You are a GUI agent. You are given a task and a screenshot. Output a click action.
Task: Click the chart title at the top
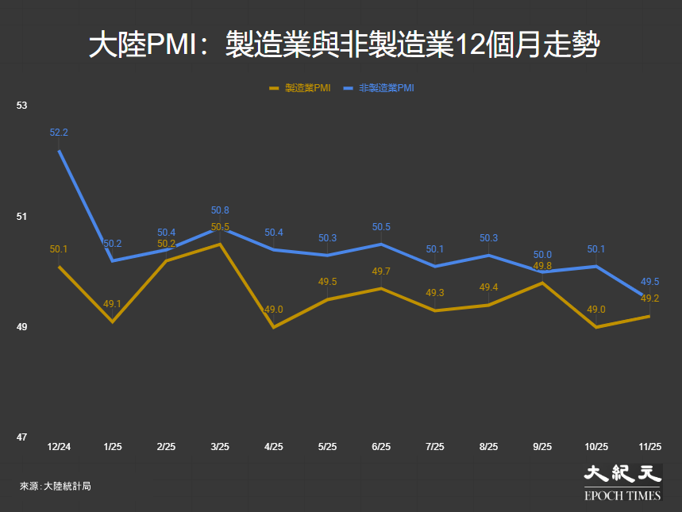[x=341, y=44]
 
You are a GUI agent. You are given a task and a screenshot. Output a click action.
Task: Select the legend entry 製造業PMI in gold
[x=301, y=88]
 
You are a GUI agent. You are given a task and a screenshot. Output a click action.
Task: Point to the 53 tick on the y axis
[x=21, y=106]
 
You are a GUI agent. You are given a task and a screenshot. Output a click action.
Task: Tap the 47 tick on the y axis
[x=21, y=437]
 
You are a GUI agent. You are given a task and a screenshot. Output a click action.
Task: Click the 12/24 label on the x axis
[x=59, y=448]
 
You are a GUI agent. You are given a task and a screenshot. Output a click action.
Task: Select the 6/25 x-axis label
[x=381, y=448]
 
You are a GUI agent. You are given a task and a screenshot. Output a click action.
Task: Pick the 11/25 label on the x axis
[x=649, y=448]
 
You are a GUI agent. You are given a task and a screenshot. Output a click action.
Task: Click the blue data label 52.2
[x=59, y=133]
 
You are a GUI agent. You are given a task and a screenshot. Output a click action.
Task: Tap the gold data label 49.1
[x=113, y=303]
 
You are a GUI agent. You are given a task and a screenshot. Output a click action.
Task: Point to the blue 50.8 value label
[x=220, y=210]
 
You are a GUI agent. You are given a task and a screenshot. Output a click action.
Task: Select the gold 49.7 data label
[x=381, y=271]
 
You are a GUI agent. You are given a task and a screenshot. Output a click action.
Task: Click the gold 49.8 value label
[x=542, y=266]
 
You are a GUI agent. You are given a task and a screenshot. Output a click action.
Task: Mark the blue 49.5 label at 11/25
[x=649, y=282]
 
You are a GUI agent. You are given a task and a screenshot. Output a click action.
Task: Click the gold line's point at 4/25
[x=274, y=327]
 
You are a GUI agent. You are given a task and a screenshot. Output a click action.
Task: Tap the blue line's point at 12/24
[x=59, y=150]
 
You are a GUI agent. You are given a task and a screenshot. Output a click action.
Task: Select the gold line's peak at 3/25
[x=220, y=244]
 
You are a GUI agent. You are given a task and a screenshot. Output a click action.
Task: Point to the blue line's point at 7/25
[x=435, y=266]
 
